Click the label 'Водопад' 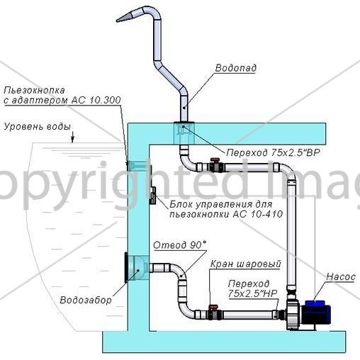click(x=236, y=68)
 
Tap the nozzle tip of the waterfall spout click(x=117, y=21)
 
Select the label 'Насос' click(x=341, y=277)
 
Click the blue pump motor click(x=317, y=312)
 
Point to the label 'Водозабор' click(x=86, y=300)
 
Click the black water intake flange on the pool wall click(x=126, y=267)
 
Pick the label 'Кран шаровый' click(x=245, y=264)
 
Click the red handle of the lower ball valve click(x=213, y=307)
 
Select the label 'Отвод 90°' click(x=180, y=245)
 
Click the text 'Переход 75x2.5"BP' click(x=273, y=152)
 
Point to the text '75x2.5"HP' click(x=252, y=293)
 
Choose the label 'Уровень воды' click(x=38, y=127)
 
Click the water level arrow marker click(x=73, y=137)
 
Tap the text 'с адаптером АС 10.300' click(x=62, y=101)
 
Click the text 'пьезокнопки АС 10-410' click(x=226, y=214)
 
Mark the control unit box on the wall click(x=153, y=195)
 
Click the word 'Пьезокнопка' click(x=35, y=90)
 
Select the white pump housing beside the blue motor click(x=293, y=314)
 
